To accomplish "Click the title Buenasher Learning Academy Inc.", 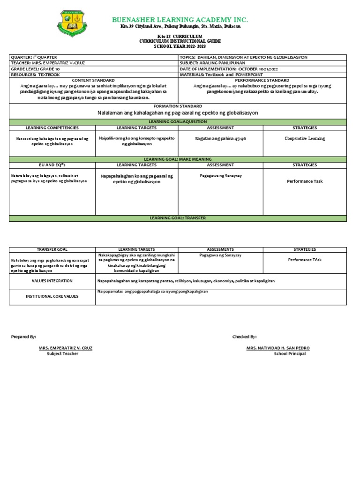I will (180, 20).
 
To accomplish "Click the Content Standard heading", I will (93, 80).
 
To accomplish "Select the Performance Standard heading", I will (262, 80).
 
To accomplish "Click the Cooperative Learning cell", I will (305, 139).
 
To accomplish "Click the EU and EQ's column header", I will (52, 165).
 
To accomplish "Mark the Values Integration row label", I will (52, 281).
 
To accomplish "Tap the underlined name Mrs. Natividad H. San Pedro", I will (277, 348).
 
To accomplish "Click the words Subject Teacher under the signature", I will (62, 353).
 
